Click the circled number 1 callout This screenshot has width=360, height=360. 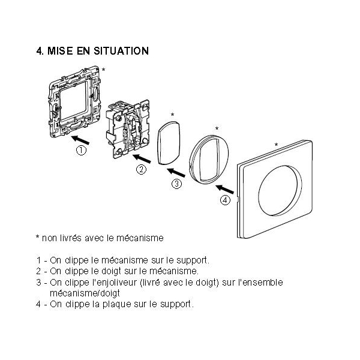click(81, 151)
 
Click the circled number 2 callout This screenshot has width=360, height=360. click(141, 169)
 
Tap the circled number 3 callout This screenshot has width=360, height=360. click(176, 184)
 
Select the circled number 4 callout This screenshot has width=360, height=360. click(225, 200)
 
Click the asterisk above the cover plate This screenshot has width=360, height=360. click(275, 145)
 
